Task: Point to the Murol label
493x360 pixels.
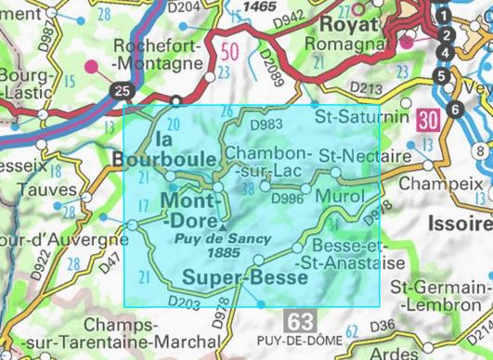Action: [x=337, y=198]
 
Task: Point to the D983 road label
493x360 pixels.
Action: [x=266, y=122]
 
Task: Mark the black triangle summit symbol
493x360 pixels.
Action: [x=223, y=225]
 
